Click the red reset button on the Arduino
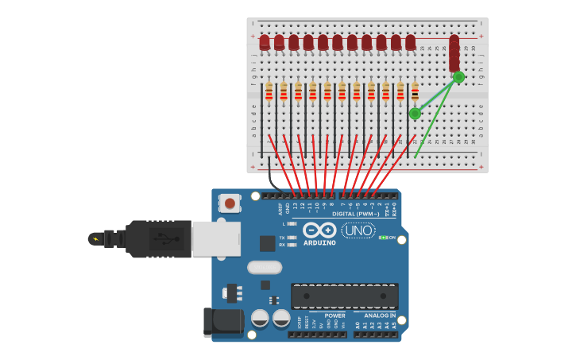coord(230,203)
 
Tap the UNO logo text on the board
coord(358,230)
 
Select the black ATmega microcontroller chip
coord(344,296)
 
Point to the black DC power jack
coord(223,321)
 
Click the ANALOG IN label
coord(380,315)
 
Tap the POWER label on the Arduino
coord(334,315)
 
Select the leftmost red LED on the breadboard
coord(265,42)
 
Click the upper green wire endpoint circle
coord(458,77)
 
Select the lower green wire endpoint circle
coord(415,114)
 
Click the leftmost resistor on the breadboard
coord(269,92)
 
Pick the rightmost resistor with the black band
coord(414,92)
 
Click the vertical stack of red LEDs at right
coord(454,53)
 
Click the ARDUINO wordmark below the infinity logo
coord(319,242)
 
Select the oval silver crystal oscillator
coord(265,267)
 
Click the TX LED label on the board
coord(282,238)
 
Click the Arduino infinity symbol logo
coord(319,230)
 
